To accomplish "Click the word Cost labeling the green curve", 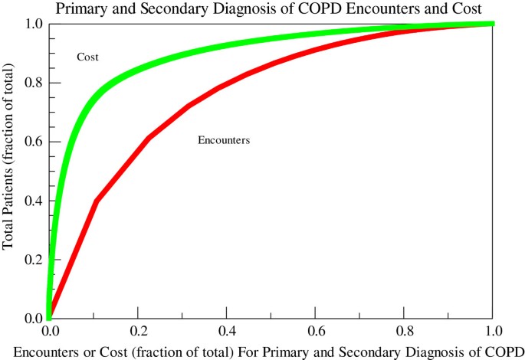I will tap(87, 57).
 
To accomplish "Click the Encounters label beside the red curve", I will tap(224, 140).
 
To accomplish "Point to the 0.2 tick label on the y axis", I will tap(31, 260).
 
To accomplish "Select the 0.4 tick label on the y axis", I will tap(31, 201).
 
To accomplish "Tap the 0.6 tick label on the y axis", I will tap(31, 142).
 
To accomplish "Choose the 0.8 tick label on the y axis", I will tap(31, 83).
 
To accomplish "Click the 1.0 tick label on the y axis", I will tap(31, 24).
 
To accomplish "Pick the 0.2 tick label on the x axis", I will tap(138, 332).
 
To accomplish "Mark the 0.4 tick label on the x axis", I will tap(227, 332).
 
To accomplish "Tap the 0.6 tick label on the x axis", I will tap(316, 332).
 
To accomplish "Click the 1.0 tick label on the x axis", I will tap(493, 332).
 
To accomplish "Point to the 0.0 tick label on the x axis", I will tap(49, 332).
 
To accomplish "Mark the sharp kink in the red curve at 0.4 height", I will tap(96, 201).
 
